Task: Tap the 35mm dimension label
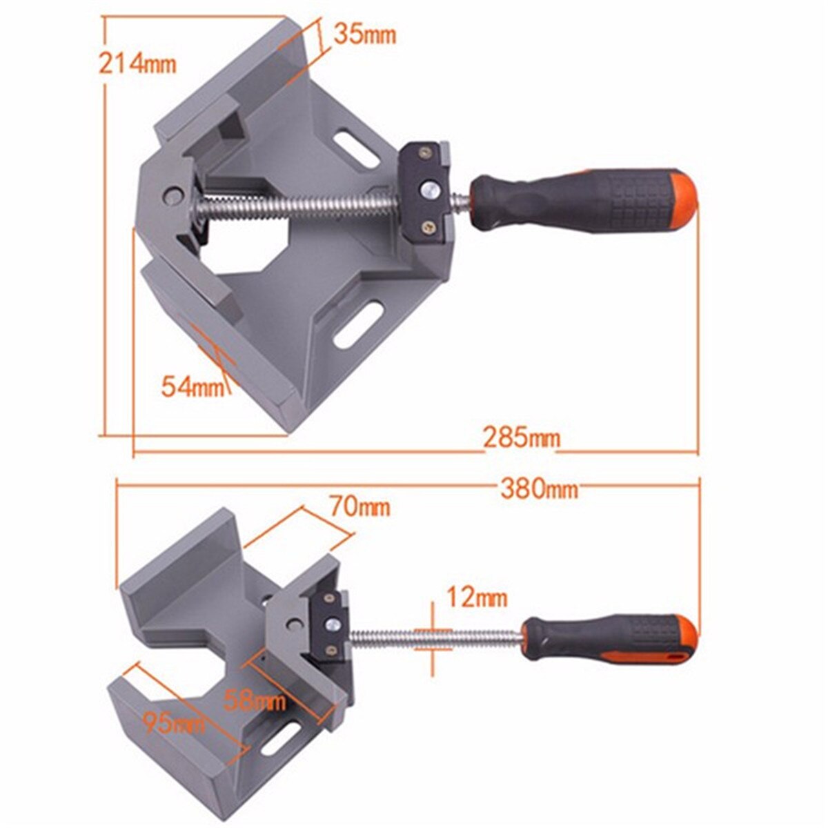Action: click(364, 34)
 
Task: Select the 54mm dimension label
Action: click(193, 386)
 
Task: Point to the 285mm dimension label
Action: click(521, 437)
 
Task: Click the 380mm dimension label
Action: click(538, 489)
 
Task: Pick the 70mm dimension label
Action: click(359, 507)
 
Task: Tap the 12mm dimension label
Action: click(476, 596)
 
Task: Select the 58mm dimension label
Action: click(255, 683)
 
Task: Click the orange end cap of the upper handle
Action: click(680, 200)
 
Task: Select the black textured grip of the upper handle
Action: click(552, 200)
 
